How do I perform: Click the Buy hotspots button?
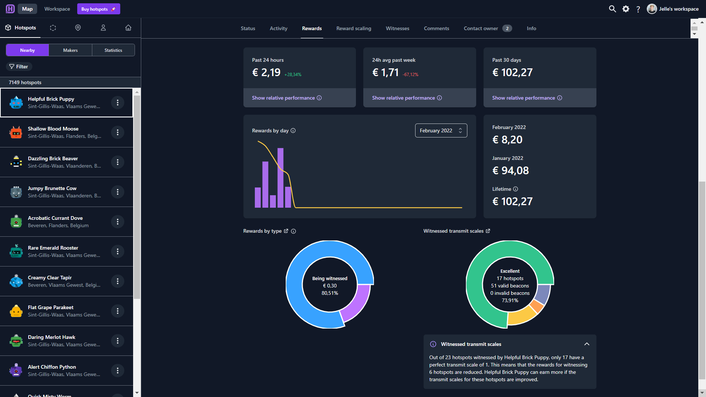[x=99, y=9]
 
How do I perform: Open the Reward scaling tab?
[x=354, y=28]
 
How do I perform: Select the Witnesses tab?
[x=397, y=28]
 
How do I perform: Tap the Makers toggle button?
[x=70, y=50]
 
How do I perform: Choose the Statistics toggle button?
[x=113, y=50]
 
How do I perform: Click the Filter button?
[x=19, y=67]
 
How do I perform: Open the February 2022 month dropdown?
[x=441, y=130]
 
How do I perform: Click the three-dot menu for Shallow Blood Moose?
[x=118, y=132]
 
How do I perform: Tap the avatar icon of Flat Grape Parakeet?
[x=16, y=311]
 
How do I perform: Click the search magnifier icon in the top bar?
[x=612, y=9]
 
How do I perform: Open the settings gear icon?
[x=626, y=9]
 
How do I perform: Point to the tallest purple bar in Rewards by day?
[x=281, y=178]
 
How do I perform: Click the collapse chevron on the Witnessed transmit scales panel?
[x=587, y=344]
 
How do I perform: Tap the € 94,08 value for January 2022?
[x=510, y=171]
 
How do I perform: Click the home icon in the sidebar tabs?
[x=128, y=28]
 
